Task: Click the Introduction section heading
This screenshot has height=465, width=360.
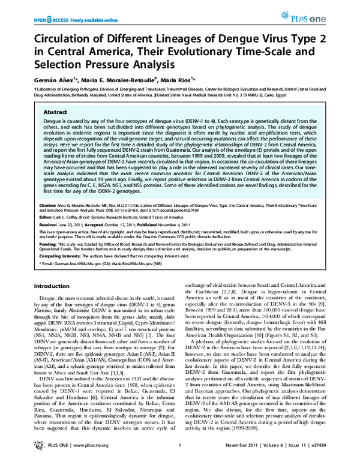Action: [x=50, y=287]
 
